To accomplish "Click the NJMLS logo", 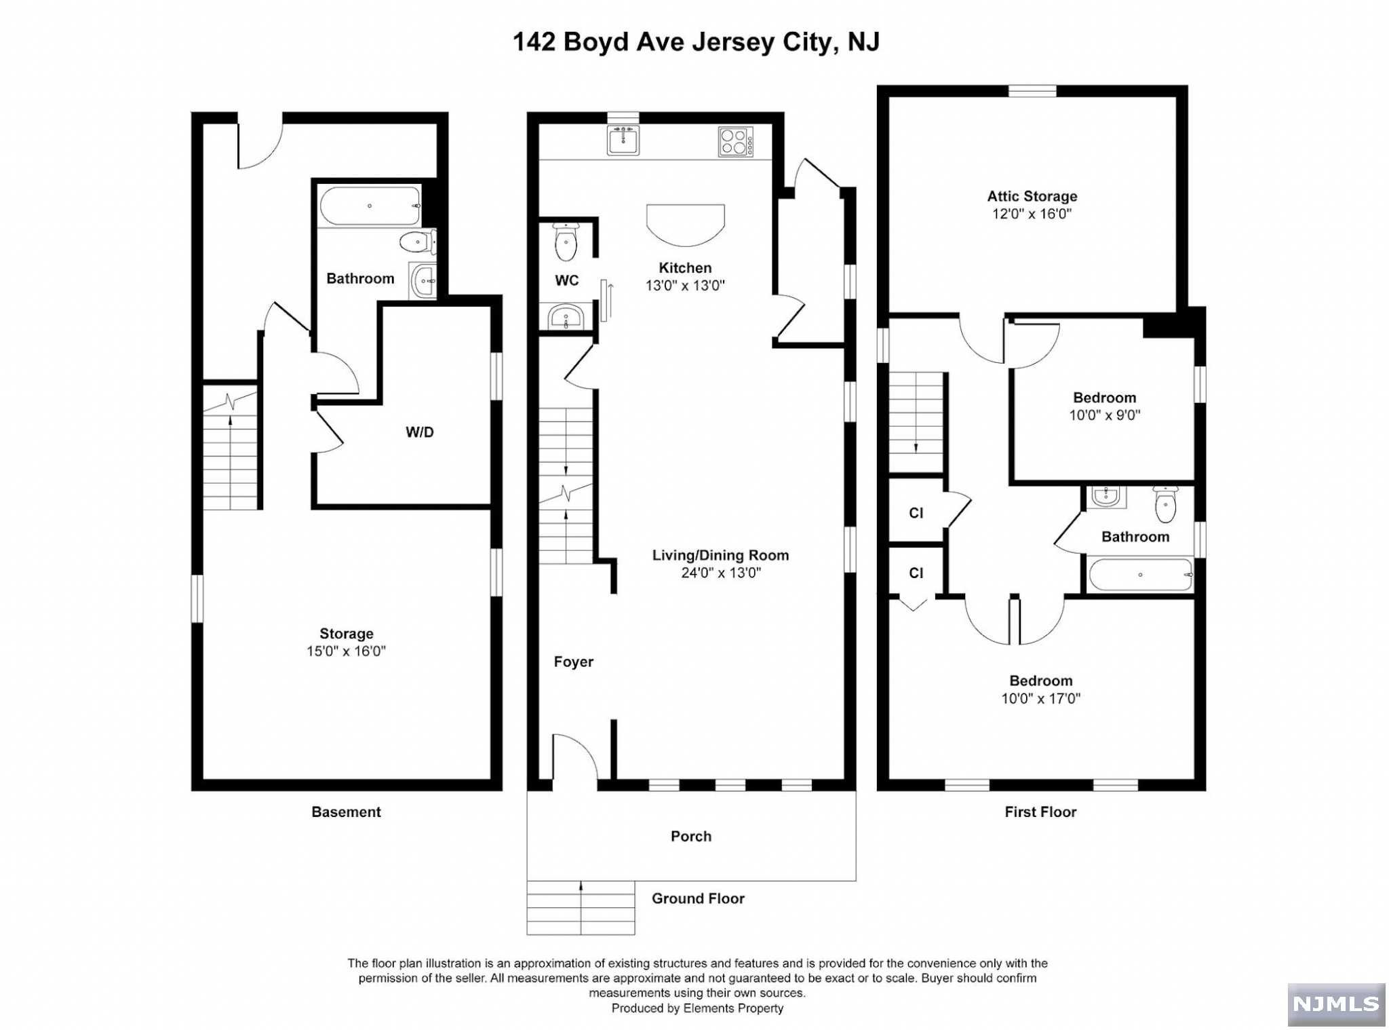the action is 1335,1004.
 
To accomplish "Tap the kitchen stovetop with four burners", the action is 736,142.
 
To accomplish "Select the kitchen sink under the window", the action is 623,140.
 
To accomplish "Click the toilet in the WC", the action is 566,242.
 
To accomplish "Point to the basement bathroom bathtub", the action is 370,206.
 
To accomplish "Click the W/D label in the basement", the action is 420,432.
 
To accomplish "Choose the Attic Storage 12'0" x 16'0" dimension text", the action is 1032,214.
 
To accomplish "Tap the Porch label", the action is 691,836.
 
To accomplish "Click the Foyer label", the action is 573,662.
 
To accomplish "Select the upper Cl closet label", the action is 916,513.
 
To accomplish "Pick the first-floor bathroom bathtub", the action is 1140,575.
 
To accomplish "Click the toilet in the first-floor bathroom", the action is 1165,504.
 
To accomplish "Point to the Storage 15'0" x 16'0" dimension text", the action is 346,651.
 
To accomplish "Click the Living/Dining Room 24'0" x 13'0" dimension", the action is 721,573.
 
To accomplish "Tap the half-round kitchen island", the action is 686,225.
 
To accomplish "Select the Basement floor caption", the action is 346,812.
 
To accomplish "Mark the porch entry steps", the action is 581,908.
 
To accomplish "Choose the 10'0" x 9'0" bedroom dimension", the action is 1105,415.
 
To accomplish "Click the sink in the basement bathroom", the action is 424,280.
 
